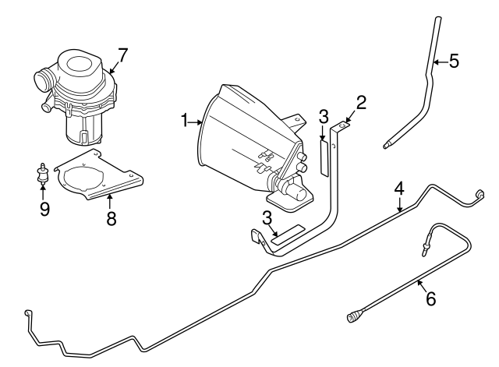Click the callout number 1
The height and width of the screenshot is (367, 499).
(185, 121)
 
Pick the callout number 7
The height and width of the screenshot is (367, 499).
(122, 55)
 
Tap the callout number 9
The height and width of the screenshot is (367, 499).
(44, 209)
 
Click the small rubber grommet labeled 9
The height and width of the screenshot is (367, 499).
(43, 173)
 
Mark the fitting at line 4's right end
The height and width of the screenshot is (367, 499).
(480, 192)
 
